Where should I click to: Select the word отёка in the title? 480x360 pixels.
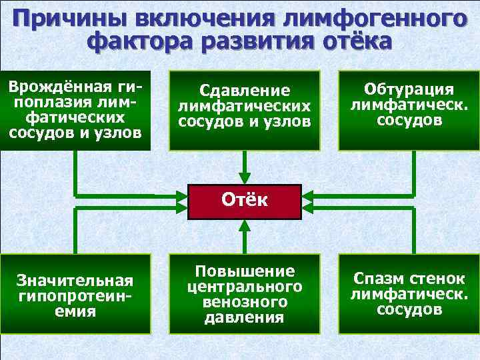pyautogui.click(x=357, y=42)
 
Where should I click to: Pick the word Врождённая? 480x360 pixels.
pyautogui.click(x=56, y=87)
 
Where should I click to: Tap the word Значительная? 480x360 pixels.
pyautogui.click(x=75, y=281)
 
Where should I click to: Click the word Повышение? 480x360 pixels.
pyautogui.click(x=244, y=271)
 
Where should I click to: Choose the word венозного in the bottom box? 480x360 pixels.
pyautogui.click(x=244, y=302)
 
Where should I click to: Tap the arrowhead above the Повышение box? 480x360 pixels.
pyautogui.click(x=245, y=225)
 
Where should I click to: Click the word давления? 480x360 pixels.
pyautogui.click(x=244, y=317)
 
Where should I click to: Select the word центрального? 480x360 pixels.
pyautogui.click(x=244, y=287)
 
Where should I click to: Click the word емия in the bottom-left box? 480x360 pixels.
pyautogui.click(x=75, y=311)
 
